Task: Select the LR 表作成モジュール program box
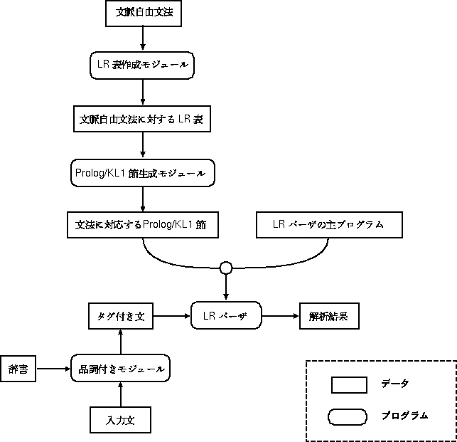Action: pos(144,65)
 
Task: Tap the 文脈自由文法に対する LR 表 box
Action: pos(142,118)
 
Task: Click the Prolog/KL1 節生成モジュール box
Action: pos(142,172)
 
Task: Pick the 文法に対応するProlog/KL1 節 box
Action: pos(141,224)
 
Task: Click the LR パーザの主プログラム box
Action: pos(328,224)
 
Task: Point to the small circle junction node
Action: pos(226,268)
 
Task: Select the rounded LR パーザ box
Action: pos(226,315)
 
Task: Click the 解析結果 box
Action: pos(328,315)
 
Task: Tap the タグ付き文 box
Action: pos(121,315)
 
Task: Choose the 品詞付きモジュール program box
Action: pos(122,369)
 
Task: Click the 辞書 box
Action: pos(18,369)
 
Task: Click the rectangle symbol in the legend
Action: pos(349,385)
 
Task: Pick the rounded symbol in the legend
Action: pos(348,416)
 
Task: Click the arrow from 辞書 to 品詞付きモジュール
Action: pos(53,369)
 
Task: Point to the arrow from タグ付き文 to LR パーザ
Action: pos(172,315)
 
